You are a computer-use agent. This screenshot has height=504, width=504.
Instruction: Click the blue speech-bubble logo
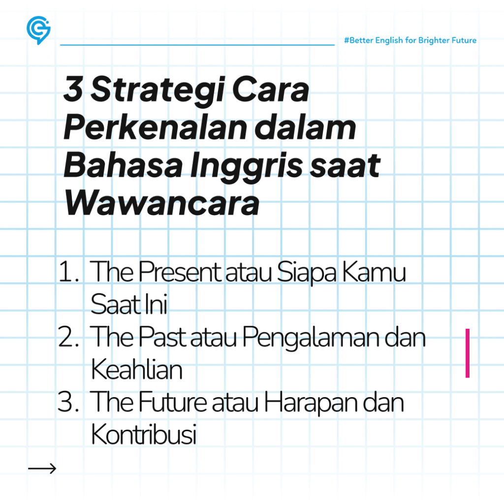click(38, 30)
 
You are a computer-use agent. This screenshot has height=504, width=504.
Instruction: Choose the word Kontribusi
click(144, 435)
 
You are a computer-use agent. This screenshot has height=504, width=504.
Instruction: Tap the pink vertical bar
click(467, 353)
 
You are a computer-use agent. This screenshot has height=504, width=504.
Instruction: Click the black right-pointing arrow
click(42, 469)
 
